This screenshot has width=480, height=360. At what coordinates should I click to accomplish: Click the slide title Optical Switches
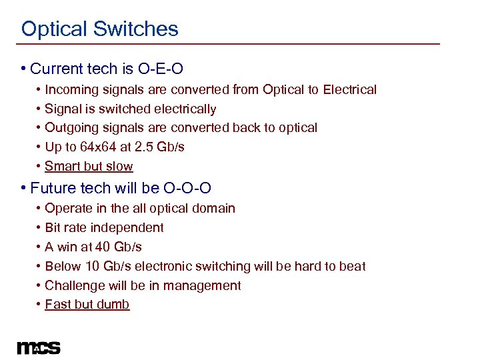(x=100, y=29)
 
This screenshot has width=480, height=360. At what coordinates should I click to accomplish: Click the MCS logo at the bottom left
(x=39, y=347)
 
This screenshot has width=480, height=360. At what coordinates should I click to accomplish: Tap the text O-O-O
(x=190, y=188)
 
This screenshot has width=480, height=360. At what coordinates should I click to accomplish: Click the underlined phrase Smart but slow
(x=89, y=166)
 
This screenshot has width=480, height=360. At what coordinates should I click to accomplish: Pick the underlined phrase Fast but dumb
(x=87, y=305)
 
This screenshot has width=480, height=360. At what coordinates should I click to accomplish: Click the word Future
(x=53, y=188)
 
